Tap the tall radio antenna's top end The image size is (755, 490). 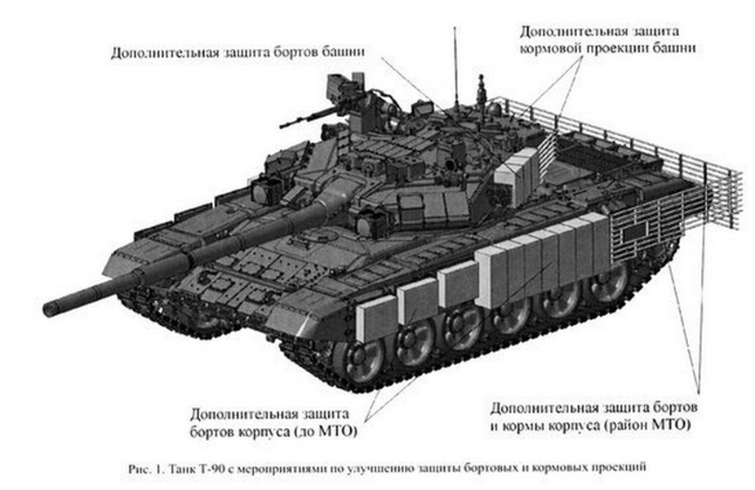455,28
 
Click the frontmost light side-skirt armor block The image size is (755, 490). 376,318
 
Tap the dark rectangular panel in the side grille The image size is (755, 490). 634,233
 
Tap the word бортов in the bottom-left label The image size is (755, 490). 211,432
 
